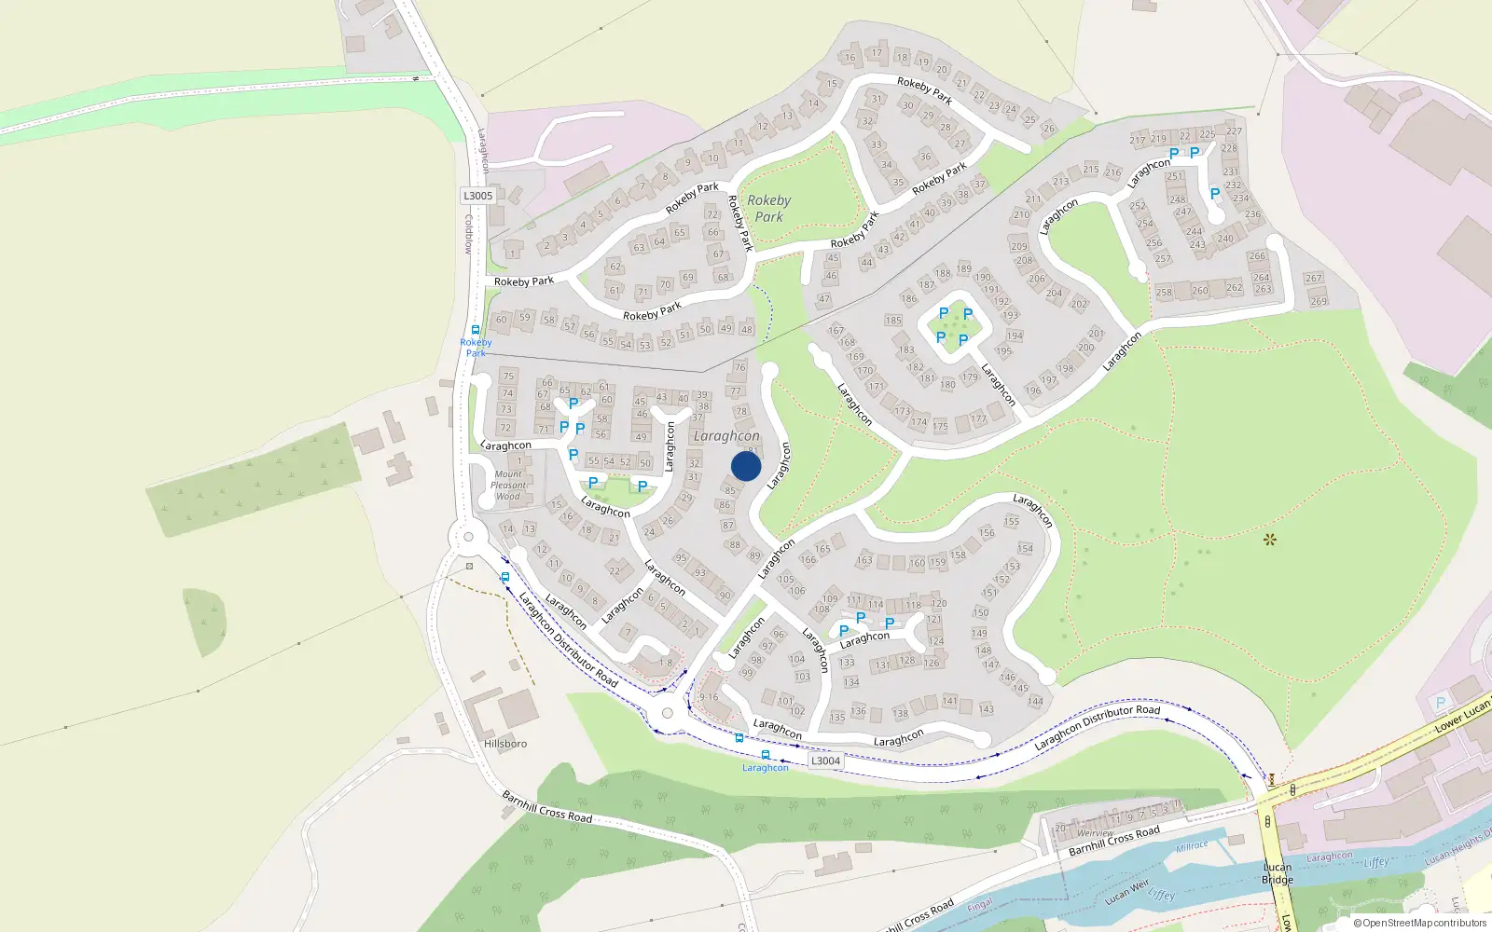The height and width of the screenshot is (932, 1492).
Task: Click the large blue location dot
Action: (746, 466)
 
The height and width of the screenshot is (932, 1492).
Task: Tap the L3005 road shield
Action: (478, 196)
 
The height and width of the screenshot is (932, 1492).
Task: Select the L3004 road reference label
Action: (825, 761)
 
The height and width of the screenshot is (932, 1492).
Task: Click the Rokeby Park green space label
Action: (768, 208)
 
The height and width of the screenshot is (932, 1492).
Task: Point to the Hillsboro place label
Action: (505, 744)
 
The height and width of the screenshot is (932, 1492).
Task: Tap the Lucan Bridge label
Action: (1278, 873)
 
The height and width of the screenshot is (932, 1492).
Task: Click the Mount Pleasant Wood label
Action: (508, 486)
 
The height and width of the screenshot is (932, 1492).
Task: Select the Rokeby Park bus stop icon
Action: (476, 330)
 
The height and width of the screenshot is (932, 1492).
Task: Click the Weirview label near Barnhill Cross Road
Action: (1096, 833)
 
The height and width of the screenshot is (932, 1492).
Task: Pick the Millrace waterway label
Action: (1192, 846)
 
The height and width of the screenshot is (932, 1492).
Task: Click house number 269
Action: (1319, 301)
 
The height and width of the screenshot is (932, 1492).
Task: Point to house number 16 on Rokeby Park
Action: (850, 58)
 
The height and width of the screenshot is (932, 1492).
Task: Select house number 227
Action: (1234, 131)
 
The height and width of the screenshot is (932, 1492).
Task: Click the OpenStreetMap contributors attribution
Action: (1419, 923)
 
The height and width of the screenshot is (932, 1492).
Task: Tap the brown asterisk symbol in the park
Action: (1269, 539)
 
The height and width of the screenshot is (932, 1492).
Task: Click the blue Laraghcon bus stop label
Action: (765, 768)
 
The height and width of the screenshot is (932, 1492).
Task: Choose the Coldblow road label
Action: (469, 234)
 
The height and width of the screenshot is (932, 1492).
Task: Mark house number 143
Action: (987, 709)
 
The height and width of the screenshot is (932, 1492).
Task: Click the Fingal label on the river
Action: (979, 905)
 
